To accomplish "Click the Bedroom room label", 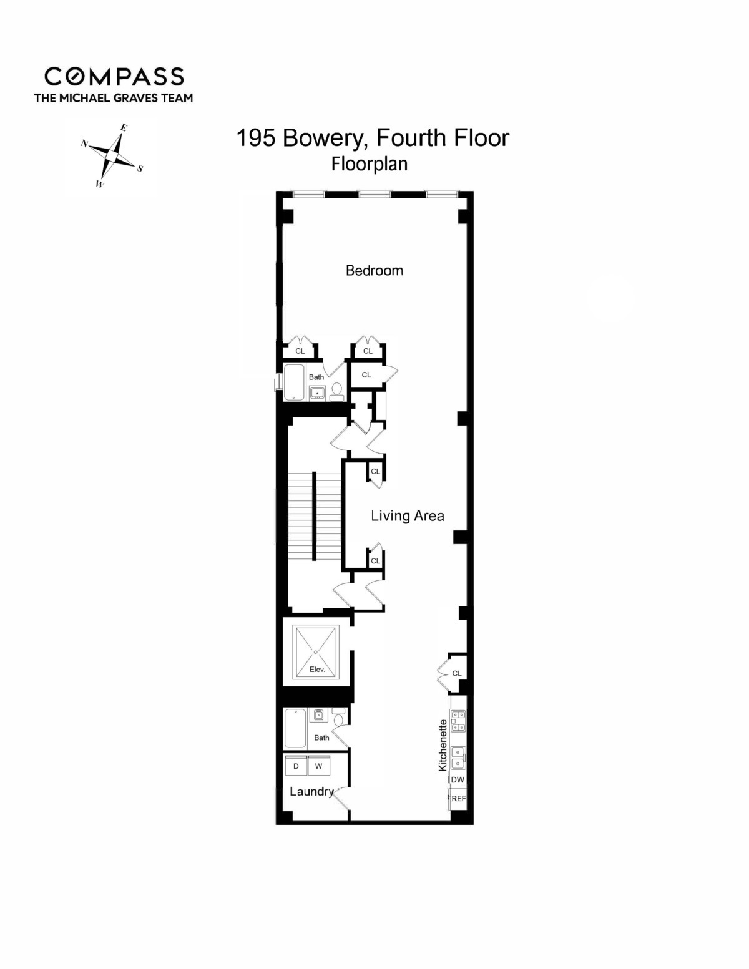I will pos(374,270).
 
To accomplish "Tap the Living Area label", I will pos(407,515).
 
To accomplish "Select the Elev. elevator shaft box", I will pos(316,652).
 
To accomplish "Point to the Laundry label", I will pos(311,791).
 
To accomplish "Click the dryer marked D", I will pos(296,766).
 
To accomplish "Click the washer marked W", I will pos(318,766).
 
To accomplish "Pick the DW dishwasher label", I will pos(458,780).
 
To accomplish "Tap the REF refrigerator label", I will pos(458,798).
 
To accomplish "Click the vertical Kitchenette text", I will pos(443,745).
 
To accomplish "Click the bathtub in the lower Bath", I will pos(295,728).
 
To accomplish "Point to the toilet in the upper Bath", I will pos(337,390).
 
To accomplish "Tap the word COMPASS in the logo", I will pos(114,76).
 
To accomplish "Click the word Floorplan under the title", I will pos(370,163).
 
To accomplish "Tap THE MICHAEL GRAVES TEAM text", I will pos(113,97).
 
